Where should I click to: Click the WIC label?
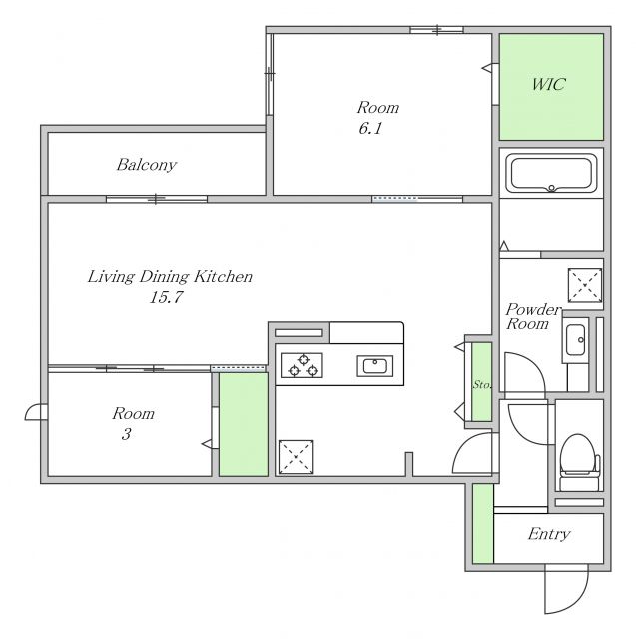click(548, 84)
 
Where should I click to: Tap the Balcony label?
click(146, 165)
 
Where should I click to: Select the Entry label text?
click(549, 534)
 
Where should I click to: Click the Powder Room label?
click(533, 317)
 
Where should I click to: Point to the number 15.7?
click(166, 297)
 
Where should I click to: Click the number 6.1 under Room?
click(370, 129)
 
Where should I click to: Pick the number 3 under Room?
click(126, 435)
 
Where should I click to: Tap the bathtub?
click(551, 173)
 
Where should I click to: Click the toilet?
click(579, 462)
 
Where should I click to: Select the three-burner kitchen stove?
click(302, 365)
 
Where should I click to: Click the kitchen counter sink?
click(375, 366)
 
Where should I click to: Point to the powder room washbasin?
click(575, 340)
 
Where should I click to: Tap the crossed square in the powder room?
click(585, 285)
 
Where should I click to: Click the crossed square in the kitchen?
click(296, 457)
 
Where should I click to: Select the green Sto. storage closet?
click(481, 381)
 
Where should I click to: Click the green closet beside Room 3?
click(244, 424)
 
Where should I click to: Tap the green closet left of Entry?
click(483, 524)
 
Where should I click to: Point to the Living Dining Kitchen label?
click(170, 277)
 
